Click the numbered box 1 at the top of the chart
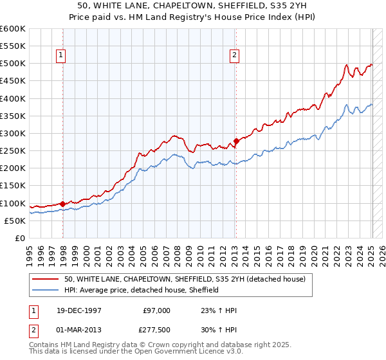pos(60,56)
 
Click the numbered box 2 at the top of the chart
pos(234,56)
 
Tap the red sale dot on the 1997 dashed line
pos(63,204)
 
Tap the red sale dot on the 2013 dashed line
pos(236,141)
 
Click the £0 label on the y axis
pos(20,238)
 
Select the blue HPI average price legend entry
pos(142,290)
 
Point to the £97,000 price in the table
pos(156,310)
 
